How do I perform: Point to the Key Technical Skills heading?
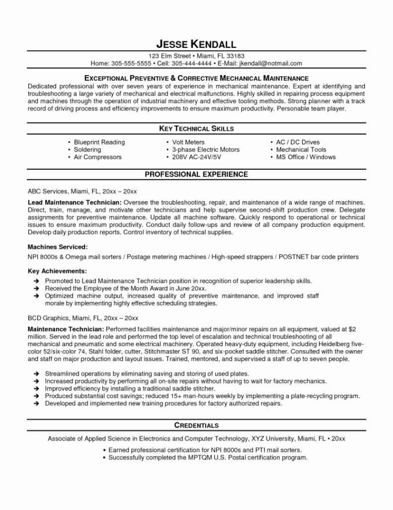pyautogui.click(x=196, y=128)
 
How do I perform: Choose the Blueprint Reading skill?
pyautogui.click(x=99, y=142)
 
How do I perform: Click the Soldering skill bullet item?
pyautogui.click(x=89, y=149)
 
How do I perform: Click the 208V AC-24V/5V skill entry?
pyautogui.click(x=198, y=157)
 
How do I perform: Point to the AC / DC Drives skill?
pyautogui.click(x=298, y=142)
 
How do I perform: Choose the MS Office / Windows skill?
pyautogui.click(x=306, y=157)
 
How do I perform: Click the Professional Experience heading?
pyautogui.click(x=196, y=174)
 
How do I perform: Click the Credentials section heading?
pyautogui.click(x=196, y=424)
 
